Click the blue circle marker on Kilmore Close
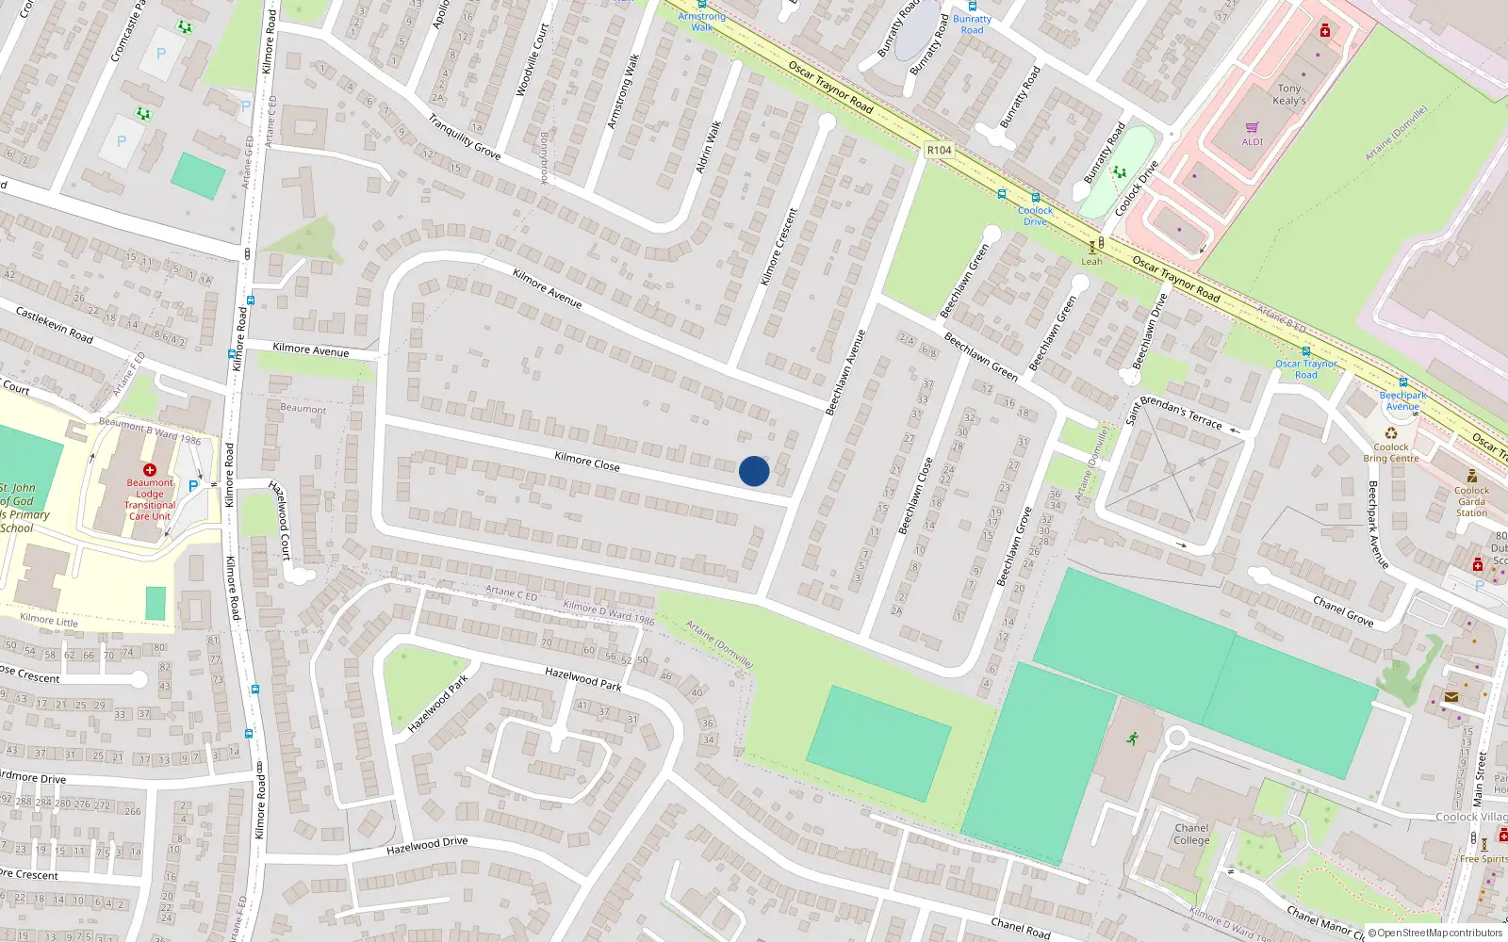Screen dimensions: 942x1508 click(x=754, y=471)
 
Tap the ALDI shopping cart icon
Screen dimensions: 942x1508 click(x=1253, y=127)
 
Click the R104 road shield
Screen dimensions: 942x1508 click(x=939, y=150)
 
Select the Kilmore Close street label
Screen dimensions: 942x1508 click(x=587, y=461)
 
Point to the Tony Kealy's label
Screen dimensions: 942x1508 click(x=1288, y=94)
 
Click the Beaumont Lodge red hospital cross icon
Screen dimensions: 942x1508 click(x=149, y=469)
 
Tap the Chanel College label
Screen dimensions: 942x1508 click(x=1191, y=834)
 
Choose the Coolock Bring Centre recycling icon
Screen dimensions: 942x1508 click(x=1391, y=433)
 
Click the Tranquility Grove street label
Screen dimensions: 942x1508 click(x=464, y=137)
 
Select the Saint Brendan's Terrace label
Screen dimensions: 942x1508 click(x=1174, y=412)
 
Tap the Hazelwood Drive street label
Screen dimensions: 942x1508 click(x=427, y=845)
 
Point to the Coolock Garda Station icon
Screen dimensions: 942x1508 click(x=1471, y=476)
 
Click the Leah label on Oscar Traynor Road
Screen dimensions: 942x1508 click(x=1091, y=262)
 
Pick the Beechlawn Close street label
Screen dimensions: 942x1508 click(x=915, y=495)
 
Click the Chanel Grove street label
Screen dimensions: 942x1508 click(x=1343, y=611)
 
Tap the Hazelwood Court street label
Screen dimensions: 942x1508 click(x=281, y=520)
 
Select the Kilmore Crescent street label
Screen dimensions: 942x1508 click(x=779, y=247)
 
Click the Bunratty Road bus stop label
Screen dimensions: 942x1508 click(x=972, y=24)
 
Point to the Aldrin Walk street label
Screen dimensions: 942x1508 click(x=708, y=147)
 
